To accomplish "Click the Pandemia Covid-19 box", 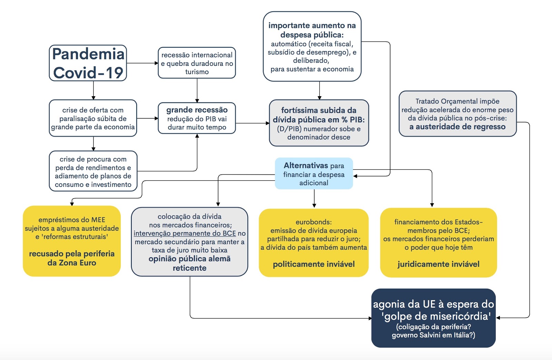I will [x=88, y=63].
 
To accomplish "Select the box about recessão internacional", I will [x=197, y=63].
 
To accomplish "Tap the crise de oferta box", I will [x=93, y=118].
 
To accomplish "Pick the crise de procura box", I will [x=93, y=171].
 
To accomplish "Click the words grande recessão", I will [x=197, y=110].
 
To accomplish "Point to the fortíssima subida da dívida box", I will [x=319, y=123].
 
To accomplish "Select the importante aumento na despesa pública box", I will [x=312, y=47].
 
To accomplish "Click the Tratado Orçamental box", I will [x=457, y=114].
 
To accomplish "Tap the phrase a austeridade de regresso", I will [x=457, y=127].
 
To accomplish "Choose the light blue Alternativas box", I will [x=314, y=174].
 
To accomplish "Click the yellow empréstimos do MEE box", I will [x=72, y=241].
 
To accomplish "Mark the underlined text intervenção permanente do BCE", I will [x=185, y=233].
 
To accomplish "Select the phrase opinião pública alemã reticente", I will [x=189, y=263].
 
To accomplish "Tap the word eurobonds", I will [x=314, y=222].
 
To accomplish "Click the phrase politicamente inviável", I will [x=314, y=264].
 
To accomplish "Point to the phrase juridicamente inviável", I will [x=438, y=264].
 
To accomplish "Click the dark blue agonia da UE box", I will [x=433, y=318].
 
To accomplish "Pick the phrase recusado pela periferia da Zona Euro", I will [x=72, y=258].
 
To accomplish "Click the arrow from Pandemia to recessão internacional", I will [x=142, y=63].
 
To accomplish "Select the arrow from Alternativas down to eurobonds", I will [x=314, y=198].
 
